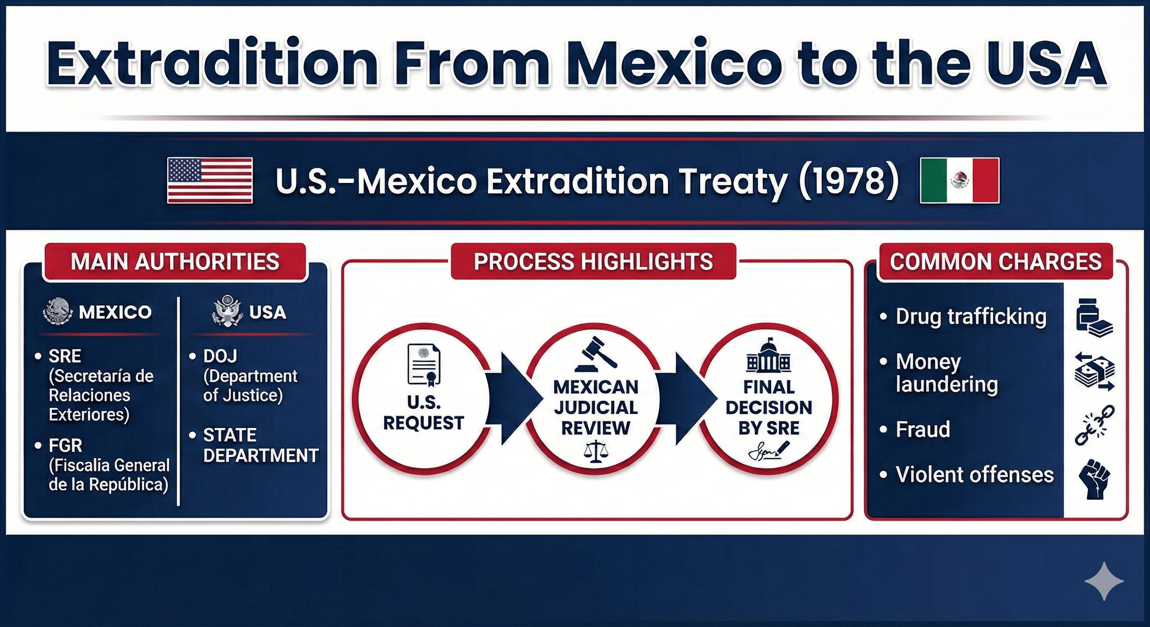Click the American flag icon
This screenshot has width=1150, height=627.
(x=209, y=180)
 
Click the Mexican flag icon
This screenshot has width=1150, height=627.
(x=959, y=180)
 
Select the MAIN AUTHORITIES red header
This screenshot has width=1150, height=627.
(x=175, y=262)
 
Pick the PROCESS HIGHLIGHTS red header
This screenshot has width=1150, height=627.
(x=593, y=262)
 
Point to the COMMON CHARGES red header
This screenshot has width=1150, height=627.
(x=996, y=262)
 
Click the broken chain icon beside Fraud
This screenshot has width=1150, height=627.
(x=1094, y=425)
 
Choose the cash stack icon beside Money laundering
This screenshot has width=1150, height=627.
(x=1094, y=372)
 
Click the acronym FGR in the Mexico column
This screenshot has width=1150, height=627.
(x=65, y=445)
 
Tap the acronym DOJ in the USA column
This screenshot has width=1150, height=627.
(x=220, y=356)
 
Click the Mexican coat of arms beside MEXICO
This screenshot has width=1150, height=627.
(x=58, y=311)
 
